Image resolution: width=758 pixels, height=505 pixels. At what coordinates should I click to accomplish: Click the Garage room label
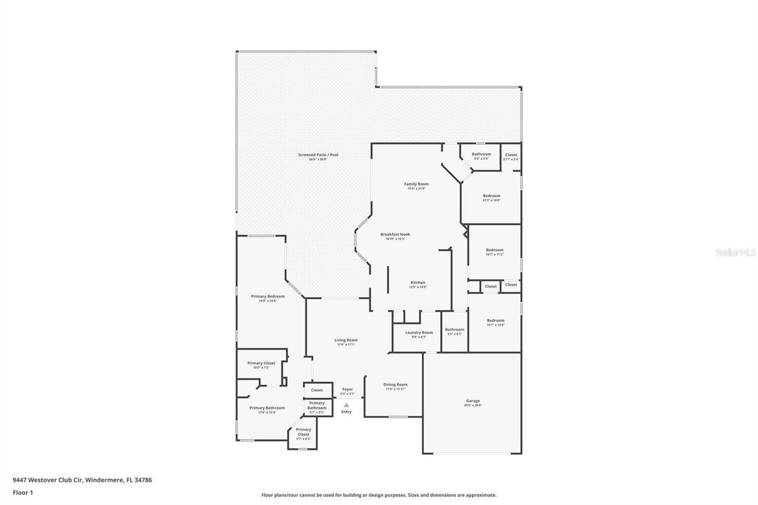(x=473, y=401)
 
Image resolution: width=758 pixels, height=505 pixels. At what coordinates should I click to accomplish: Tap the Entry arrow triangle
(x=346, y=405)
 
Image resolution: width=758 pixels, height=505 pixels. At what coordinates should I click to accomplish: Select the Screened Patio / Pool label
(x=318, y=155)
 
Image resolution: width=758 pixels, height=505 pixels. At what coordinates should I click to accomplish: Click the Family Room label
(x=416, y=184)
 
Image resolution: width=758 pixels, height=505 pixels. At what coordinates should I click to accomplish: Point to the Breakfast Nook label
(x=395, y=234)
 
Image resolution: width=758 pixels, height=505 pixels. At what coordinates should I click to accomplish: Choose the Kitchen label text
(x=418, y=283)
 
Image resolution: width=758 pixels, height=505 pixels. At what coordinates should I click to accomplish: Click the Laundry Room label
(x=419, y=333)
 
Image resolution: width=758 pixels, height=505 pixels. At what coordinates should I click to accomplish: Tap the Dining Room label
(x=395, y=385)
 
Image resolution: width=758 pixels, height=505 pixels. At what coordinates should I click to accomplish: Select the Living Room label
(x=346, y=340)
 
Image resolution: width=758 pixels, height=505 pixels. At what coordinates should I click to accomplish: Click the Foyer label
(x=347, y=389)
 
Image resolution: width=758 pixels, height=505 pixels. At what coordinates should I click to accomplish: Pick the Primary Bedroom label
(x=268, y=297)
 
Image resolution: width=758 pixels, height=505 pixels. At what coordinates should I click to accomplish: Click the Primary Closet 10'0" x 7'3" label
(x=261, y=363)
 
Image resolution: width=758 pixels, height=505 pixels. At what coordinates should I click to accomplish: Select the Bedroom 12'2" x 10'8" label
(x=491, y=196)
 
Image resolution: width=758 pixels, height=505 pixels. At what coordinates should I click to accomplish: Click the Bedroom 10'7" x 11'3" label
(x=495, y=250)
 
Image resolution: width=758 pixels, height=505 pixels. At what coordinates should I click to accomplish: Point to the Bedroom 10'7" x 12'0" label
(x=496, y=321)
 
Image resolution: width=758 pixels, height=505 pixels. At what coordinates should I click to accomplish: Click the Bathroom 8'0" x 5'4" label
(x=481, y=154)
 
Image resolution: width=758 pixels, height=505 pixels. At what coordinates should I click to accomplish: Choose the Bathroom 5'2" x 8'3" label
(x=454, y=330)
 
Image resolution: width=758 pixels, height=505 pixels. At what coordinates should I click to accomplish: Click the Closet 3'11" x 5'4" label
(x=511, y=155)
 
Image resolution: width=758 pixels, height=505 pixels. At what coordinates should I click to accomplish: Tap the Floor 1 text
(x=23, y=493)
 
